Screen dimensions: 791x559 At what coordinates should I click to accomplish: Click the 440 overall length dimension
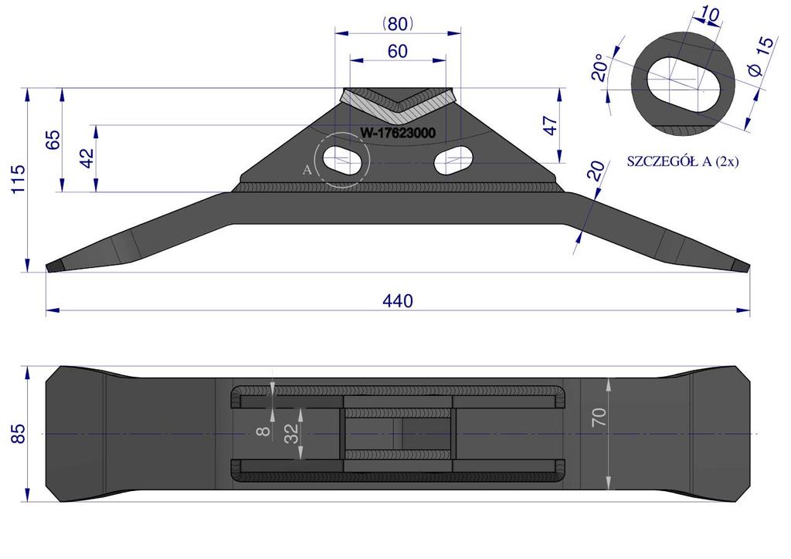398,301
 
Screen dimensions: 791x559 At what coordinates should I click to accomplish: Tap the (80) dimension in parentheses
398,24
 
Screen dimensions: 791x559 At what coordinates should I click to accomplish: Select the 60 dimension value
398,52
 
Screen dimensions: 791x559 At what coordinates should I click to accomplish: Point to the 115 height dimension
18,179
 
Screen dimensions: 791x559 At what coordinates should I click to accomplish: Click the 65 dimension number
53,140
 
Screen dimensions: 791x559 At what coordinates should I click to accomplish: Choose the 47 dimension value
550,126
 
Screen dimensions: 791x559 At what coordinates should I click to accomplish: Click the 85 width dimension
18,433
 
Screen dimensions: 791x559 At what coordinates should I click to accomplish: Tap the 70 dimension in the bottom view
599,418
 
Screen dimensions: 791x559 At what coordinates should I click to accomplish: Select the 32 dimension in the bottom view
291,433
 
